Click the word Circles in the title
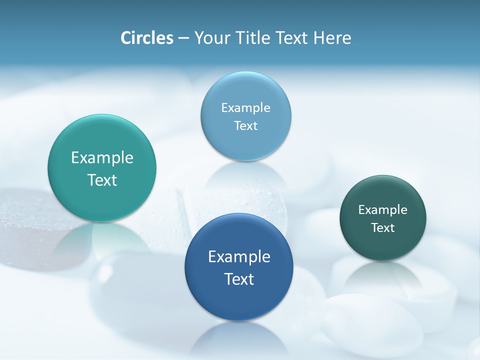pos(146,38)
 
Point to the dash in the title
pos(183,38)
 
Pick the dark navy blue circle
pos(239,300)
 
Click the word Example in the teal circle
pos(102,158)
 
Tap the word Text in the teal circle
pos(102,180)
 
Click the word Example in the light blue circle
pos(245,108)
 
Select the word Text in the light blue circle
pos(245,126)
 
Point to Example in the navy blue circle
pos(239,257)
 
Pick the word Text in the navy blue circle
pos(239,279)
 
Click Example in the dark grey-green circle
pos(382,210)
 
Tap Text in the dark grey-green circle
pos(382,228)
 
